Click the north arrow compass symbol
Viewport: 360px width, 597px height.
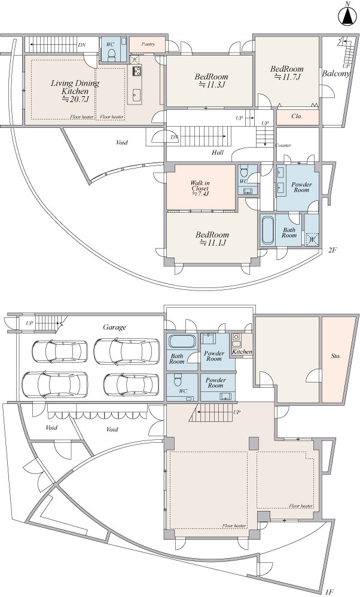pos(347,14)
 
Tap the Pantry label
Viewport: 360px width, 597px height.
pos(148,44)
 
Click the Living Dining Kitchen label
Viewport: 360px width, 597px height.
pos(75,91)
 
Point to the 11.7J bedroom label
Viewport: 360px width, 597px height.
pos(287,73)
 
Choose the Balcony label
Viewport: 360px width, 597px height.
pos(335,74)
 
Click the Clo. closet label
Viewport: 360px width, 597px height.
pos(297,117)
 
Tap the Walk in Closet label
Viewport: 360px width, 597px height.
pos(200,188)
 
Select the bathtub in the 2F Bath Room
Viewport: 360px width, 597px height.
pos(268,230)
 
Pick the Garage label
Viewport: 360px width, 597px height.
pos(114,327)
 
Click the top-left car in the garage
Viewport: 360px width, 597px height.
pos(60,351)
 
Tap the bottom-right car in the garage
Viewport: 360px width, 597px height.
pos(131,384)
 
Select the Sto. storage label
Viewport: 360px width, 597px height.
pos(335,356)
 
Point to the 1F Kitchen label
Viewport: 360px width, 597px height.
pos(242,352)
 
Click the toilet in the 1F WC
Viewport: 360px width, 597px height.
pos(177,380)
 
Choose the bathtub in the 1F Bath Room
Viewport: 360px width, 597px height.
pos(182,341)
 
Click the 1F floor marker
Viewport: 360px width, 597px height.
pos(330,592)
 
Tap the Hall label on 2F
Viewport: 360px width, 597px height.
pos(218,152)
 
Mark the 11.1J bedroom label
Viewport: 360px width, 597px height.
pos(212,238)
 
